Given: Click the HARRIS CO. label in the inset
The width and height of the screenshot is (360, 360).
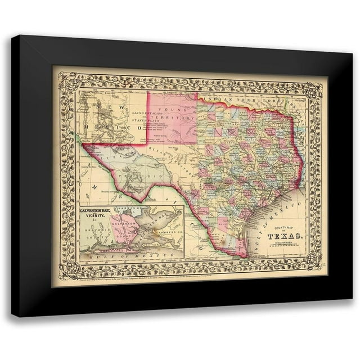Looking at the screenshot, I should [x=121, y=211].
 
